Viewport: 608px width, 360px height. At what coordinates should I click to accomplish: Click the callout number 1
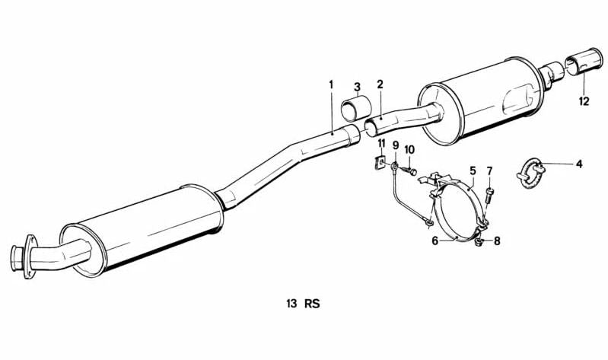tap(331, 84)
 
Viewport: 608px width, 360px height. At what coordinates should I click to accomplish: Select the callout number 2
tap(380, 84)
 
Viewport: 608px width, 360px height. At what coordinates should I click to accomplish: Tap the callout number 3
tap(357, 87)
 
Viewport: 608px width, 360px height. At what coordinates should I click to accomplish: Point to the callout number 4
tap(579, 164)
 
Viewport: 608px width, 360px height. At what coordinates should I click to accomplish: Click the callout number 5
tap(473, 170)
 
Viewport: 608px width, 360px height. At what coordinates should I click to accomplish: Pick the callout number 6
tap(435, 241)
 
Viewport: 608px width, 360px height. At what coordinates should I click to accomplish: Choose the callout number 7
tap(489, 170)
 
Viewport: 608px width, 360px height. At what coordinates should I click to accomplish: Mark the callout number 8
tap(497, 241)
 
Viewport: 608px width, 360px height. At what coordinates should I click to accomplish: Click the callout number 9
tap(396, 145)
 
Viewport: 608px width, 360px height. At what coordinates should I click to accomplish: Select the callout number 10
tap(409, 150)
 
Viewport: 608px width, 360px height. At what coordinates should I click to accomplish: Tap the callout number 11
tap(381, 143)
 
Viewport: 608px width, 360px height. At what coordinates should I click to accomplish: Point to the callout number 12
tap(584, 102)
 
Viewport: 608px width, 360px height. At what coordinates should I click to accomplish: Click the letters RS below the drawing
tap(312, 304)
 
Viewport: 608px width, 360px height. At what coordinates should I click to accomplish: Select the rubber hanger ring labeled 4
tap(532, 173)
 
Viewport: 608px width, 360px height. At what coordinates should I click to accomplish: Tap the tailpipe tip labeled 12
tap(584, 62)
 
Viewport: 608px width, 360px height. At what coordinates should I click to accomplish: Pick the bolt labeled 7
tap(489, 195)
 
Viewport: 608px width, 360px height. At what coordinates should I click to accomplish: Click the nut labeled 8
tap(479, 243)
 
